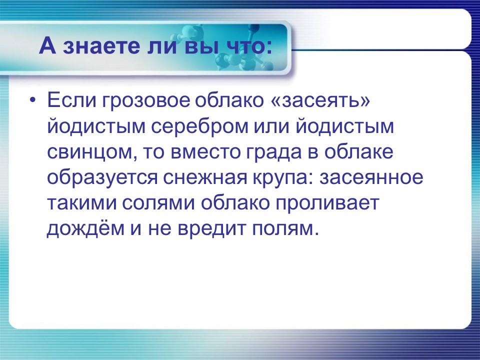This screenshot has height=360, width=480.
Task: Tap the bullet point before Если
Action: [33, 100]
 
